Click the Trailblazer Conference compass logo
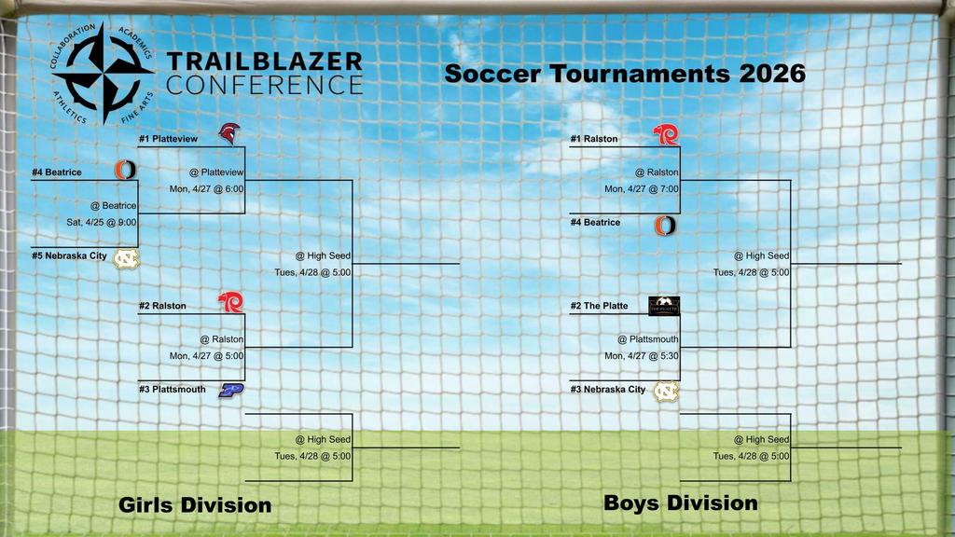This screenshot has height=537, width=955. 103,73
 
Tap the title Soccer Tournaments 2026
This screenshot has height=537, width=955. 624,74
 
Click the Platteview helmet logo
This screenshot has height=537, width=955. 228,133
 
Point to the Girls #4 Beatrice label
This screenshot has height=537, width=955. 57,172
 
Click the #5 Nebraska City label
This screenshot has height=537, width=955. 70,255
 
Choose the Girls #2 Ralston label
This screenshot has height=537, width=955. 162,306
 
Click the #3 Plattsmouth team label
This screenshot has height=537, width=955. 173,390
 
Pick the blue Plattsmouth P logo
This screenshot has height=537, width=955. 230,390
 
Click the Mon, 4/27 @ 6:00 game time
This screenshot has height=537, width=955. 206,188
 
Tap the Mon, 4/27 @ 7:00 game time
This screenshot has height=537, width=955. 642,188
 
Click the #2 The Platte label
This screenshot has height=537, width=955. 600,306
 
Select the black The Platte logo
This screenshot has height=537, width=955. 664,305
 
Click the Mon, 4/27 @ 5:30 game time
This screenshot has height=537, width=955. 642,355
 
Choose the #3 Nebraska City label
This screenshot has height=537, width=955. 608,390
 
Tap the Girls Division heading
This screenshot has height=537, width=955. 195,505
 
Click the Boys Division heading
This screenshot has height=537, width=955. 680,503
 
